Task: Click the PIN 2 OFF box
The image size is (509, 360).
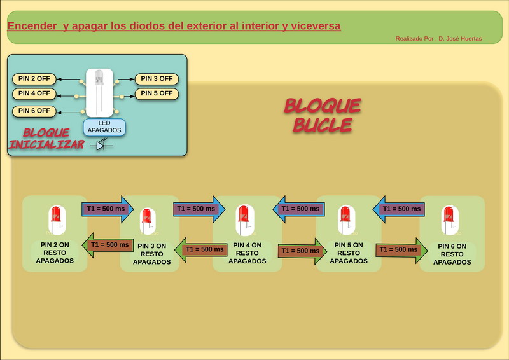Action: (x=34, y=79)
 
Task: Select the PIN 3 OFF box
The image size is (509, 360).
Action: (x=157, y=79)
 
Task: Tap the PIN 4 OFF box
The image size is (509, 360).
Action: (x=34, y=93)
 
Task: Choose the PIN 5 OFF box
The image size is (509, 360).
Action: (x=157, y=93)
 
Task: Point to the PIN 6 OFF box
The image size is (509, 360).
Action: (x=34, y=111)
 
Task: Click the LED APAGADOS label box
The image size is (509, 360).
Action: (x=104, y=127)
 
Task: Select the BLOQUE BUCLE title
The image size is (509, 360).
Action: (x=322, y=115)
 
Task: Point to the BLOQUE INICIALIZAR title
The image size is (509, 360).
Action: (x=46, y=139)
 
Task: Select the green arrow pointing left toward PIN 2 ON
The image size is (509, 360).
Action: (x=108, y=245)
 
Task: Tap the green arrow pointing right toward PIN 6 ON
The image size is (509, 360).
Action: (x=400, y=250)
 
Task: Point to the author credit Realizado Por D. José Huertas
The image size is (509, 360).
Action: (x=438, y=39)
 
